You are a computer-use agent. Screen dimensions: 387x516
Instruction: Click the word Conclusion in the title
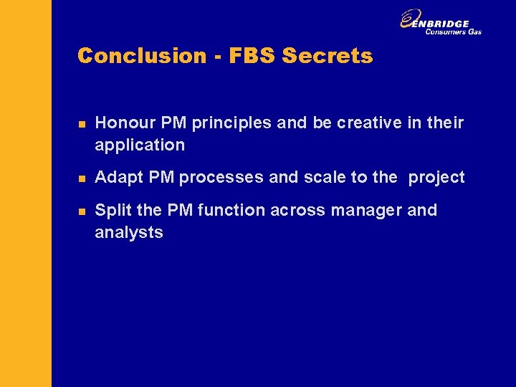click(141, 56)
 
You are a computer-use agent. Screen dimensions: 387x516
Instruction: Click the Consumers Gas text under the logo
click(453, 32)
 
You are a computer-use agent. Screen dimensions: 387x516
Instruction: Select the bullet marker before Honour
click(82, 125)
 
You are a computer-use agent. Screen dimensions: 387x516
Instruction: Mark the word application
click(140, 145)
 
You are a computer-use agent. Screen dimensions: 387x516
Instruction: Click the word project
click(436, 177)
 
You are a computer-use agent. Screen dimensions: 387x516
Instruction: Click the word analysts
click(129, 232)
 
